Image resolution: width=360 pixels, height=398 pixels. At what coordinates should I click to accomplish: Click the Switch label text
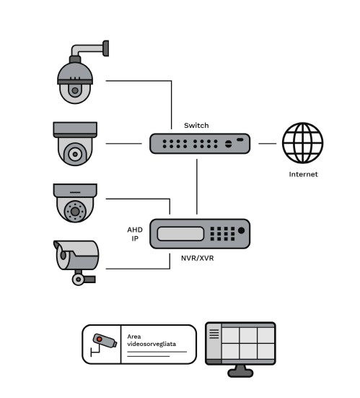coord(196,126)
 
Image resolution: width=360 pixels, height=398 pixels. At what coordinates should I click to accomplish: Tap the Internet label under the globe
coord(303,174)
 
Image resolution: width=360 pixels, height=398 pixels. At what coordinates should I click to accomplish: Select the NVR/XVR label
coord(197,258)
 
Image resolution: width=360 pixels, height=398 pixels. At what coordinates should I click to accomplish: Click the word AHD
coord(135,230)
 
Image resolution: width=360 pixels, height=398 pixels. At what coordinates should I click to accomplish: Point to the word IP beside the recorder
coord(135,238)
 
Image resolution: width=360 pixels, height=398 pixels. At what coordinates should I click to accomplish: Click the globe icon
coord(303,143)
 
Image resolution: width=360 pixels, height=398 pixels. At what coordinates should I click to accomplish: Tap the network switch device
coord(200,144)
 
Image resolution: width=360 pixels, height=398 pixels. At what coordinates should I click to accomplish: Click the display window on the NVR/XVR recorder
coord(180,233)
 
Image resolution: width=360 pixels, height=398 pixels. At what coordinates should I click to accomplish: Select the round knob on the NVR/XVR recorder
coord(242,230)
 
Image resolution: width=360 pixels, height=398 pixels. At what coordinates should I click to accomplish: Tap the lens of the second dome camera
coord(75,154)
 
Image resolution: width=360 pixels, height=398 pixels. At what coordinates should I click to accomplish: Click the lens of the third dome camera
coord(75,211)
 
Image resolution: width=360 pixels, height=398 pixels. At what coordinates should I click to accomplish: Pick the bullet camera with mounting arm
coord(76,263)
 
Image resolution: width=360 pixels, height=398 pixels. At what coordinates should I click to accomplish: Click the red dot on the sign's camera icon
coord(100,339)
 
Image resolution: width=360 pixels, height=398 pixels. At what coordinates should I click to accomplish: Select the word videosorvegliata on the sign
coord(152,345)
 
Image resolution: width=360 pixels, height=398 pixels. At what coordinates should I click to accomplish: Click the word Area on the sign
coord(134,337)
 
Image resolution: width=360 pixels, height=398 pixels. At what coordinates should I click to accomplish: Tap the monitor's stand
coord(240,371)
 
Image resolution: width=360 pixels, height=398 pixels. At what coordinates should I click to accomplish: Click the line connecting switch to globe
coord(268,144)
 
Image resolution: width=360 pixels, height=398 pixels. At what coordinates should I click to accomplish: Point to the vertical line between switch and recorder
coord(197,187)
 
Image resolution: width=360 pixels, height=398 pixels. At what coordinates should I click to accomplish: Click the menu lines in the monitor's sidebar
coord(214,334)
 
